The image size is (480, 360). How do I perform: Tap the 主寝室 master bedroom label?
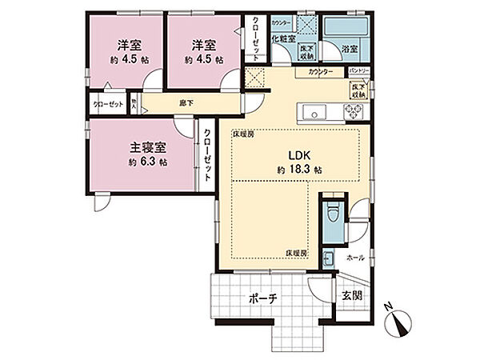point(148,148)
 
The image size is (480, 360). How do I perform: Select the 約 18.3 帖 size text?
point(300,170)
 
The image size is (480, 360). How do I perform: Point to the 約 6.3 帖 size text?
point(148,162)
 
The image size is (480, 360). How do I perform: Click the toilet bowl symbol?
point(332,214)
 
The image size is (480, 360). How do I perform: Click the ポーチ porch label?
point(262,298)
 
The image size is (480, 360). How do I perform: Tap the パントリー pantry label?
point(358,71)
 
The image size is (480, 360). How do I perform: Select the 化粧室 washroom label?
point(283,38)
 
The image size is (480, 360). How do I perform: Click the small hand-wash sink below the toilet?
point(329,258)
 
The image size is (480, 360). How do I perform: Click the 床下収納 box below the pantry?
point(357,89)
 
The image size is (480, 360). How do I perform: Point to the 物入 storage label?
point(135,102)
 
